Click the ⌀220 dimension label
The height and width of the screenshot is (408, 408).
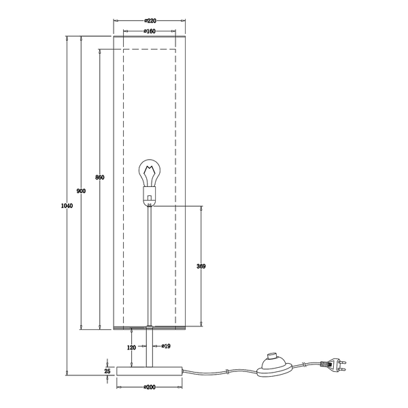pyautogui.click(x=150, y=21)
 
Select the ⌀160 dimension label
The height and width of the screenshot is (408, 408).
pyautogui.click(x=150, y=31)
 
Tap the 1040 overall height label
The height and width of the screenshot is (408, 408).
pyautogui.click(x=67, y=206)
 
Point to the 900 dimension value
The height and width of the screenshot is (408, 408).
pyautogui.click(x=81, y=191)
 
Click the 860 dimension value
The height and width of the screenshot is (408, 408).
pyautogui.click(x=100, y=177)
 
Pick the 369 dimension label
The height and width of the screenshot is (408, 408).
pyautogui.click(x=201, y=266)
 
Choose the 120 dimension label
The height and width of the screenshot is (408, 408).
pyautogui.click(x=132, y=347)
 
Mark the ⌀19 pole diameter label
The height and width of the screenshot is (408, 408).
pyautogui.click(x=166, y=346)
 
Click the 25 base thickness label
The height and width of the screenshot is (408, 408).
pyautogui.click(x=107, y=371)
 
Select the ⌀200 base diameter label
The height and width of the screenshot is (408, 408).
pyautogui.click(x=150, y=387)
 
